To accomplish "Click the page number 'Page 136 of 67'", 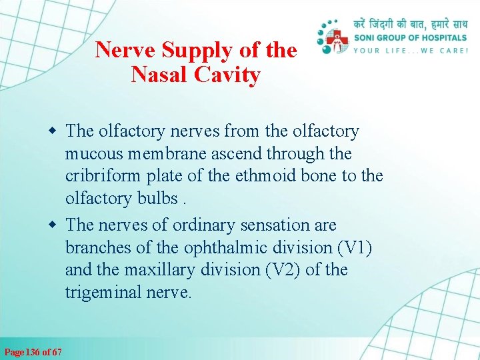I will (x=33, y=351).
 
